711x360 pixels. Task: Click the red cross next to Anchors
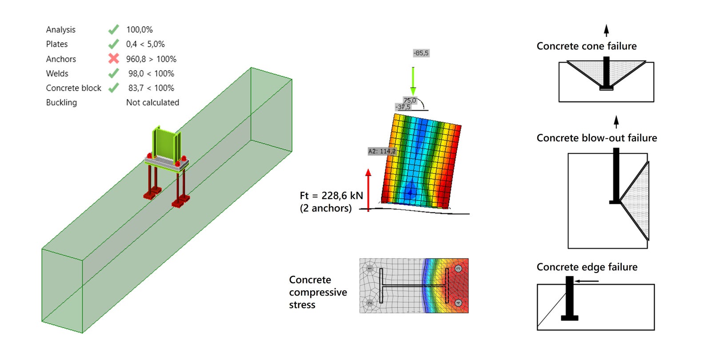pyautogui.click(x=114, y=58)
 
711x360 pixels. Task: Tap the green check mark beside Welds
pyautogui.click(x=114, y=73)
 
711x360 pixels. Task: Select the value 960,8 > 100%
pyautogui.click(x=151, y=59)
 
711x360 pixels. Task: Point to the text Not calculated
pyautogui.click(x=153, y=103)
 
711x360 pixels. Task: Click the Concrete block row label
pyautogui.click(x=73, y=88)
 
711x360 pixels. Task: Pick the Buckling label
pyautogui.click(x=61, y=103)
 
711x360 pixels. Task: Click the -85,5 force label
pyautogui.click(x=421, y=53)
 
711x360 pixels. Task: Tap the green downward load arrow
pyautogui.click(x=413, y=81)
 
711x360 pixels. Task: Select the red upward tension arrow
pyautogui.click(x=368, y=190)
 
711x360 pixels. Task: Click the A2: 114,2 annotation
pyautogui.click(x=382, y=151)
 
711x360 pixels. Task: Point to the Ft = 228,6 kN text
pyautogui.click(x=332, y=196)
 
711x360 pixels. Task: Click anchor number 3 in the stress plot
pyautogui.click(x=458, y=268)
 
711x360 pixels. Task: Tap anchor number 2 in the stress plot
pyautogui.click(x=369, y=303)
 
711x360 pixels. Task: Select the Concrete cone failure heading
pyautogui.click(x=587, y=46)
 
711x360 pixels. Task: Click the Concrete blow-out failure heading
pyautogui.click(x=597, y=138)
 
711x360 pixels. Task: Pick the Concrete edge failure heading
pyautogui.click(x=587, y=267)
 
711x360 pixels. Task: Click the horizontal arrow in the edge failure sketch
pyautogui.click(x=587, y=281)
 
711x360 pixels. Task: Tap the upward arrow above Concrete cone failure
pyautogui.click(x=606, y=31)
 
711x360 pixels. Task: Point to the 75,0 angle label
pyautogui.click(x=409, y=100)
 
